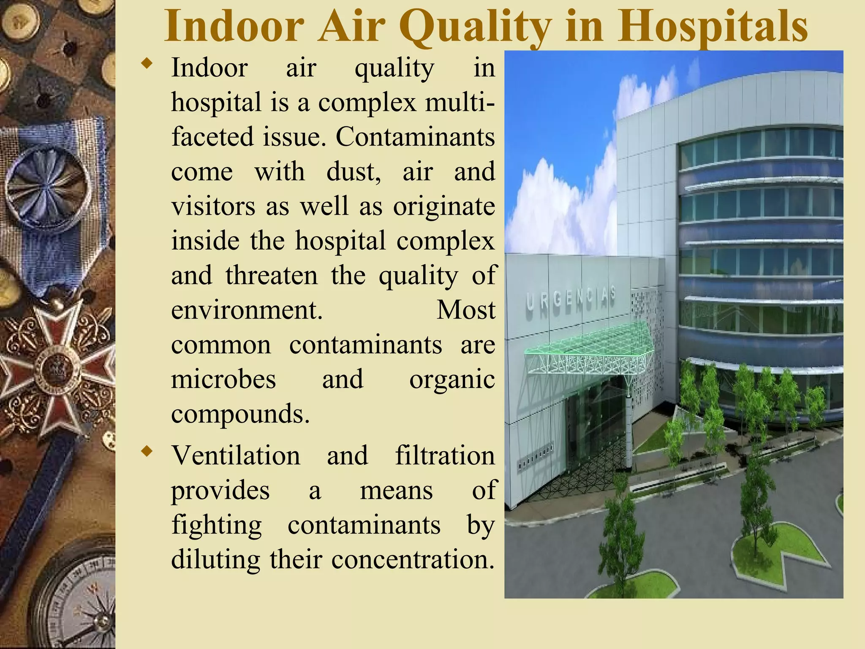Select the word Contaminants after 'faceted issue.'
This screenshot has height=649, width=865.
click(x=415, y=137)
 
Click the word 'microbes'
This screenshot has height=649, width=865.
click(x=223, y=379)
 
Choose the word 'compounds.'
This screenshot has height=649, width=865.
click(x=240, y=414)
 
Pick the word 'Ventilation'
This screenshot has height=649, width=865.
click(x=236, y=455)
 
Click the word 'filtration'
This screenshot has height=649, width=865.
click(x=445, y=455)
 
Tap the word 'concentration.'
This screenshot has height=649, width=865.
click(x=413, y=559)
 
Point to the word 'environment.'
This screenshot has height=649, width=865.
click(x=247, y=310)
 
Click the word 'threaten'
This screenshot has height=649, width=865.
click(x=271, y=275)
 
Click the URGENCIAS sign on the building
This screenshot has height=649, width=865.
click(x=570, y=298)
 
